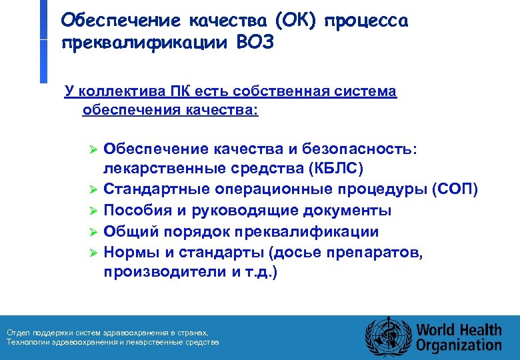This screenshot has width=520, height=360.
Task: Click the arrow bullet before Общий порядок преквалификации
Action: [x=94, y=232]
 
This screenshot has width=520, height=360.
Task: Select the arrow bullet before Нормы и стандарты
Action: [x=94, y=253]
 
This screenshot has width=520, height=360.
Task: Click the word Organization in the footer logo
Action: [x=459, y=345]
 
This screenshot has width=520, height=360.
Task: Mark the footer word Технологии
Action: [x=27, y=342]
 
